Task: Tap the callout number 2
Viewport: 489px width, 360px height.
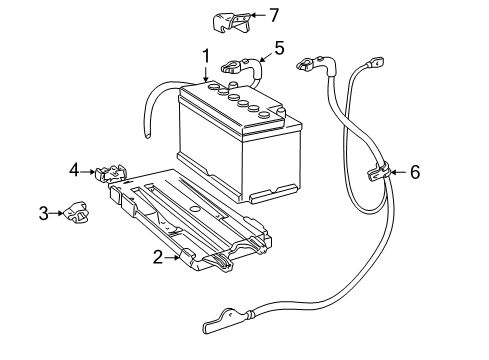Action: tap(158, 257)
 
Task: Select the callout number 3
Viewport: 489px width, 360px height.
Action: tap(44, 212)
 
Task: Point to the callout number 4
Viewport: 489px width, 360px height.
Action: tap(74, 171)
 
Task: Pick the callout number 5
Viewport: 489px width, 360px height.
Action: tap(279, 46)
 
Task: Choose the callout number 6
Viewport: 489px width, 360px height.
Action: tap(414, 172)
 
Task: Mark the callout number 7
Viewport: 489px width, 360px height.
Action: tap(274, 14)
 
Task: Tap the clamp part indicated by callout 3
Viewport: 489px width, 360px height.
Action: tap(75, 212)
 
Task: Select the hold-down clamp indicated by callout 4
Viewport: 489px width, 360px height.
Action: tap(109, 173)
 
